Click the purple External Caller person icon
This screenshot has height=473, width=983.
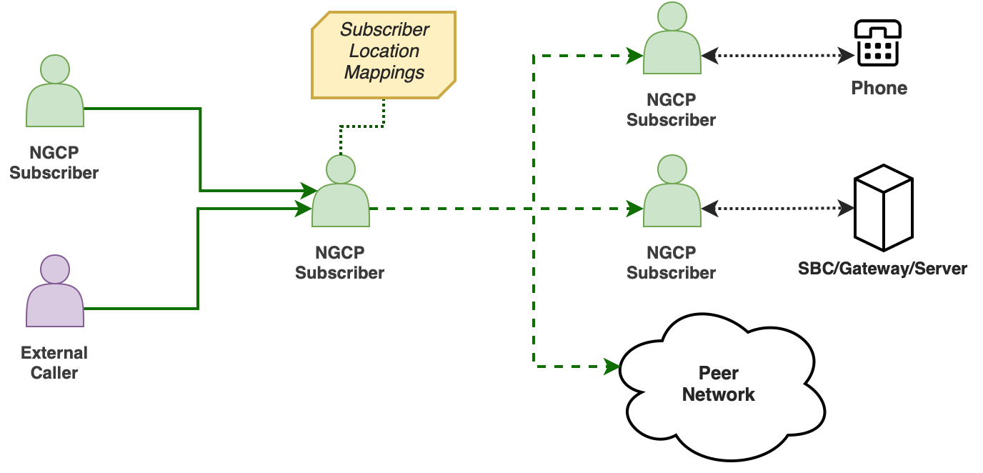tap(55, 293)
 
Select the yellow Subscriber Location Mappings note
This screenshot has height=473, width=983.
tap(384, 55)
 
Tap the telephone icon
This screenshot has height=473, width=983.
tap(878, 44)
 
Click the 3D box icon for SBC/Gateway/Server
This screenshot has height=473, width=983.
tap(884, 208)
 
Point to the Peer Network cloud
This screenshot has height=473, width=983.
tap(722, 386)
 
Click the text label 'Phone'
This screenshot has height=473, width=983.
tap(879, 89)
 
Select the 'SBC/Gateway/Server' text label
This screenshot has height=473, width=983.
tap(882, 269)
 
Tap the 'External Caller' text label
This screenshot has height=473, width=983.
tap(54, 362)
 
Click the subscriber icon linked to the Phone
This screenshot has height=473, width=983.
tap(672, 41)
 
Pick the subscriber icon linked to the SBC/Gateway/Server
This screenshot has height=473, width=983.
tap(672, 194)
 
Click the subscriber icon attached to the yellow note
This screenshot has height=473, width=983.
tap(341, 194)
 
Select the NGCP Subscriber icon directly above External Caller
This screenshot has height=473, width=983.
tap(55, 93)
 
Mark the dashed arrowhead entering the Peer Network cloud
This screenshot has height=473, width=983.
tap(612, 367)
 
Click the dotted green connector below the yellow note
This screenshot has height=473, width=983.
tap(363, 126)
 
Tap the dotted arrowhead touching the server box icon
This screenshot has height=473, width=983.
tap(847, 209)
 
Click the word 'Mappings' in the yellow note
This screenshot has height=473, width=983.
tap(384, 72)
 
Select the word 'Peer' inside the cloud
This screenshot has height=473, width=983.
tap(718, 373)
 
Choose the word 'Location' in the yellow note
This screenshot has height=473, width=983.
tap(384, 51)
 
